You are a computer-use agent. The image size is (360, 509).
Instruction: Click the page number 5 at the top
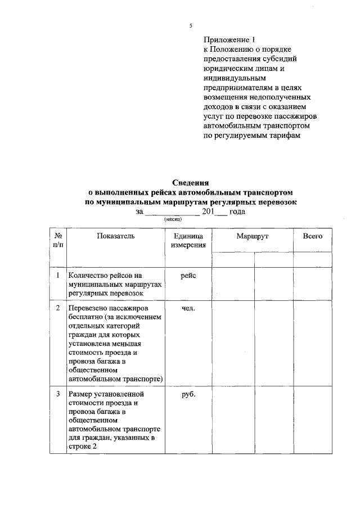(x=191, y=26)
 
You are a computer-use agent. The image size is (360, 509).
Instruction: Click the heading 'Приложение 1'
(x=229, y=40)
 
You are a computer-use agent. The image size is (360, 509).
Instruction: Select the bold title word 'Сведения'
(x=191, y=183)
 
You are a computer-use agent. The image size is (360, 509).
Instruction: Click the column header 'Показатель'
(x=115, y=236)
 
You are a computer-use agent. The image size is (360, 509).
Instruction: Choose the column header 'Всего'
(x=313, y=236)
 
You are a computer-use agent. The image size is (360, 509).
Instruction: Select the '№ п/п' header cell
(x=58, y=241)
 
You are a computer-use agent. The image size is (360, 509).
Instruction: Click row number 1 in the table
(x=58, y=276)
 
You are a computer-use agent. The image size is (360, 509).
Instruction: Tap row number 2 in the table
(x=58, y=309)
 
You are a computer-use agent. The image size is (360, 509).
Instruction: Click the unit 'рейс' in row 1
(x=188, y=276)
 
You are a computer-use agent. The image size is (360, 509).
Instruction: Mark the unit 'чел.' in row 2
(x=188, y=309)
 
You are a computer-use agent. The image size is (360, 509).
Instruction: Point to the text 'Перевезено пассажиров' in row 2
(x=108, y=309)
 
